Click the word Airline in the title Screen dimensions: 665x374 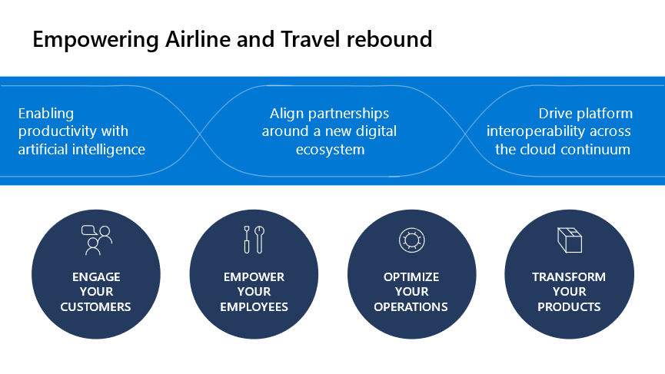[198, 39]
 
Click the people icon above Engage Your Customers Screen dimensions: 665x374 [97, 240]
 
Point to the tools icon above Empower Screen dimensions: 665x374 [254, 240]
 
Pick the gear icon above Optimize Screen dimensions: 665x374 [411, 240]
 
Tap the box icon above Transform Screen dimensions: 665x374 [570, 240]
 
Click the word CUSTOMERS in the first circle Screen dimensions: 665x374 [95, 306]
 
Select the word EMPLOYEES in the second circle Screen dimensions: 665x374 [254, 306]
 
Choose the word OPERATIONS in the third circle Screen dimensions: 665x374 [411, 306]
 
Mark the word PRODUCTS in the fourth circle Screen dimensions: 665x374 [569, 306]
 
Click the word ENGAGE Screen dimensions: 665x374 [96, 277]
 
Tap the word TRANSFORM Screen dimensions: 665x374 [569, 277]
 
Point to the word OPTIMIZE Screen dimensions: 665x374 [411, 277]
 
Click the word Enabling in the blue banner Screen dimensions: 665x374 [46, 114]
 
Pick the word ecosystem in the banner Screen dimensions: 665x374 [330, 151]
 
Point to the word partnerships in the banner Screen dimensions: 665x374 [348, 114]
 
